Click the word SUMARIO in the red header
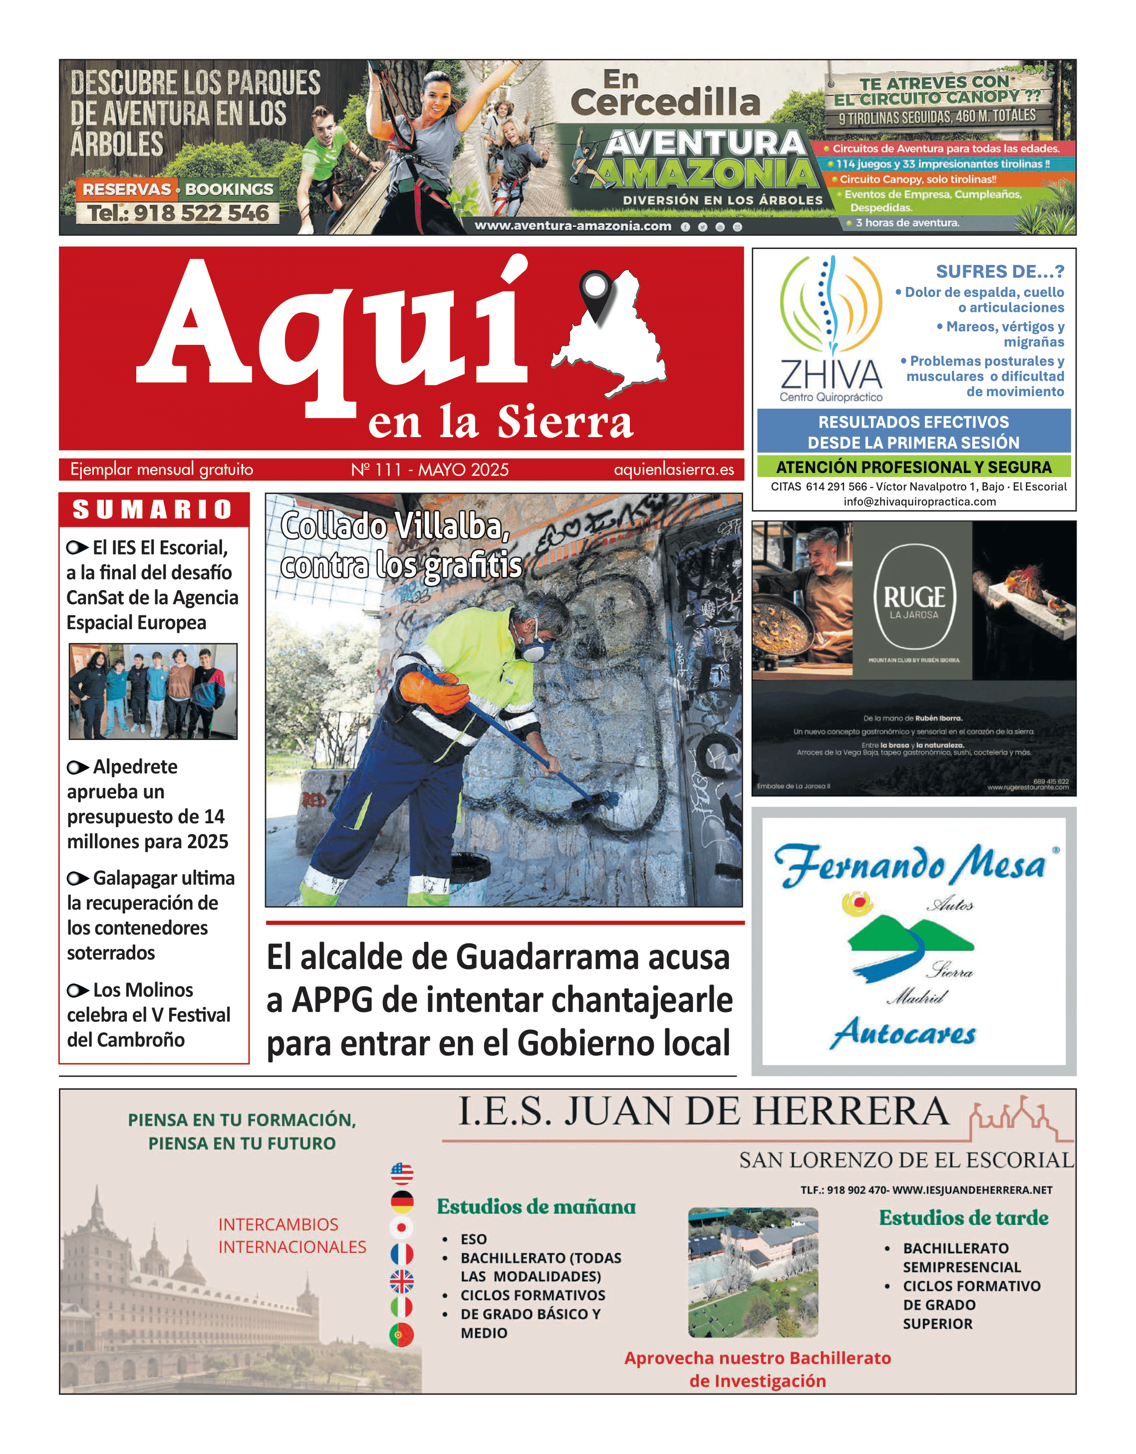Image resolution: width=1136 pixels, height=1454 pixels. coord(153,509)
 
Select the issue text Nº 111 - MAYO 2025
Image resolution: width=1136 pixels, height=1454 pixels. coord(430,470)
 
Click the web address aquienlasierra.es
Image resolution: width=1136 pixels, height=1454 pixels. coord(673,470)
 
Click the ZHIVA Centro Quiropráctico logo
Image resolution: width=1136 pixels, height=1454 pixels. coord(831,329)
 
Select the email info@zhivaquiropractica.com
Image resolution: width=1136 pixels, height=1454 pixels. coord(919,501)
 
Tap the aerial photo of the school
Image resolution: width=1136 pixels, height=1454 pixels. coord(753,1272)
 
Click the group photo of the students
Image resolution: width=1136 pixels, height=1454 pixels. coord(153,691)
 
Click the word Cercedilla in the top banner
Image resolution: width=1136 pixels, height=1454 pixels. coord(665,102)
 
